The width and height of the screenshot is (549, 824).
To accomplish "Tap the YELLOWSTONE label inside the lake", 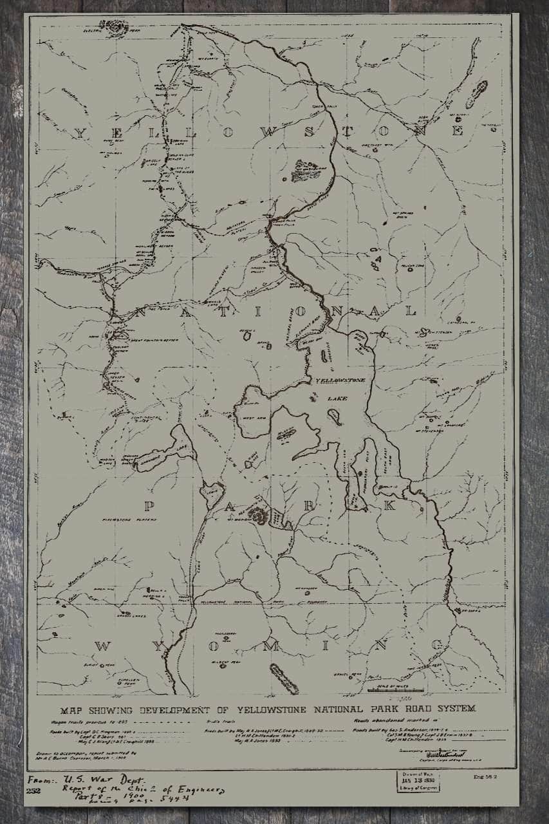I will [x=340, y=381].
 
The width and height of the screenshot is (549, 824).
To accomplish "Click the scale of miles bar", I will [x=395, y=690].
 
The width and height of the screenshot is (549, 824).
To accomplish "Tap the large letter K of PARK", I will [x=388, y=505].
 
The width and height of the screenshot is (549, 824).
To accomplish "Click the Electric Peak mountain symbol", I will [x=116, y=26].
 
